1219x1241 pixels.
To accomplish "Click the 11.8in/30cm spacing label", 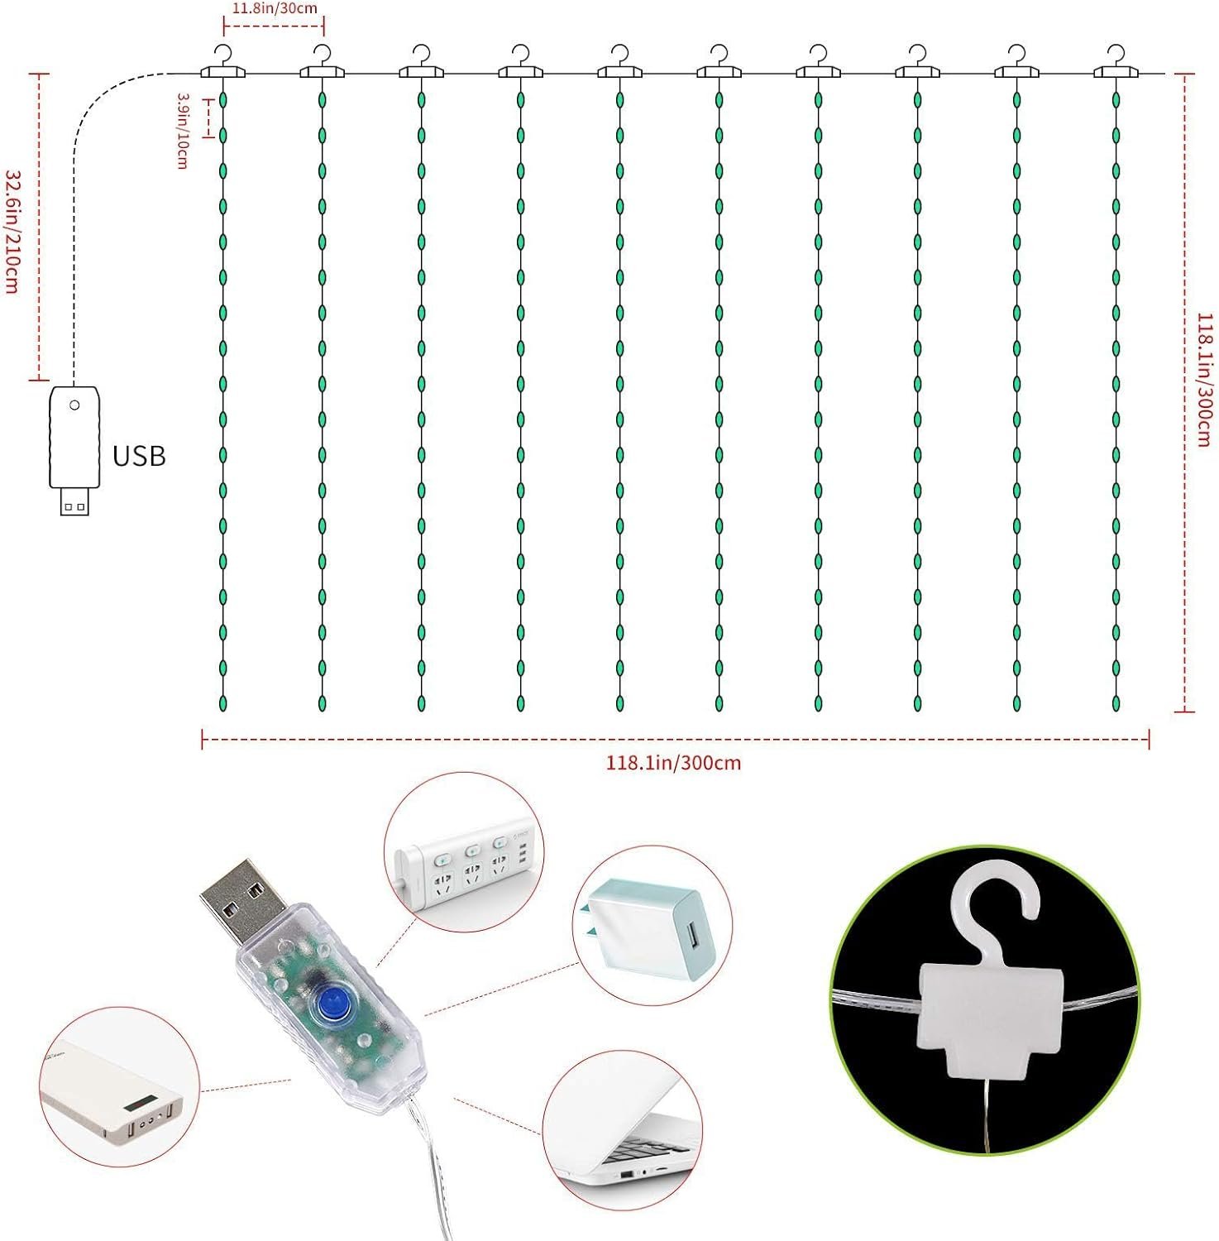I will point(274,9).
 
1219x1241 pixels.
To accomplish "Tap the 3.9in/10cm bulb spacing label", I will point(183,131).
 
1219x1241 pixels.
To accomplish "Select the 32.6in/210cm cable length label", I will point(13,232).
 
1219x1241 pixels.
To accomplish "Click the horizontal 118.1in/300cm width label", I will point(673,763).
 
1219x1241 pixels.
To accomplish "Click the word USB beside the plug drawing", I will point(139,456).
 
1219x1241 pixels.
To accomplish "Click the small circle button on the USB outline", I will point(74,405).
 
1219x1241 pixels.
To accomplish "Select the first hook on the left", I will point(223,63).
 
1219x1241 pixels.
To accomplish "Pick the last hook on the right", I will point(1116,63).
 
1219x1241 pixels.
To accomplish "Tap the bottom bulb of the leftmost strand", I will point(223,703).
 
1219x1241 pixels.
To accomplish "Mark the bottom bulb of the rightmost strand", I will point(1116,703).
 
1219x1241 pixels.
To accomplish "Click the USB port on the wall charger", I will point(691,940).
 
